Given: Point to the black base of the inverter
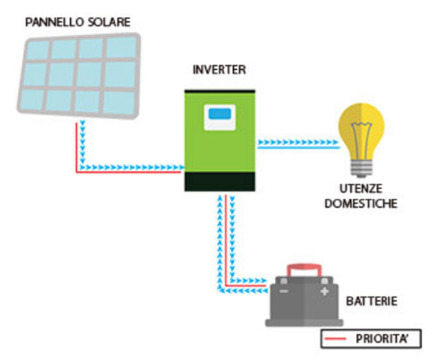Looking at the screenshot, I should (219, 181).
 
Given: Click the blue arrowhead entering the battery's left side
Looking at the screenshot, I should (266, 293).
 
